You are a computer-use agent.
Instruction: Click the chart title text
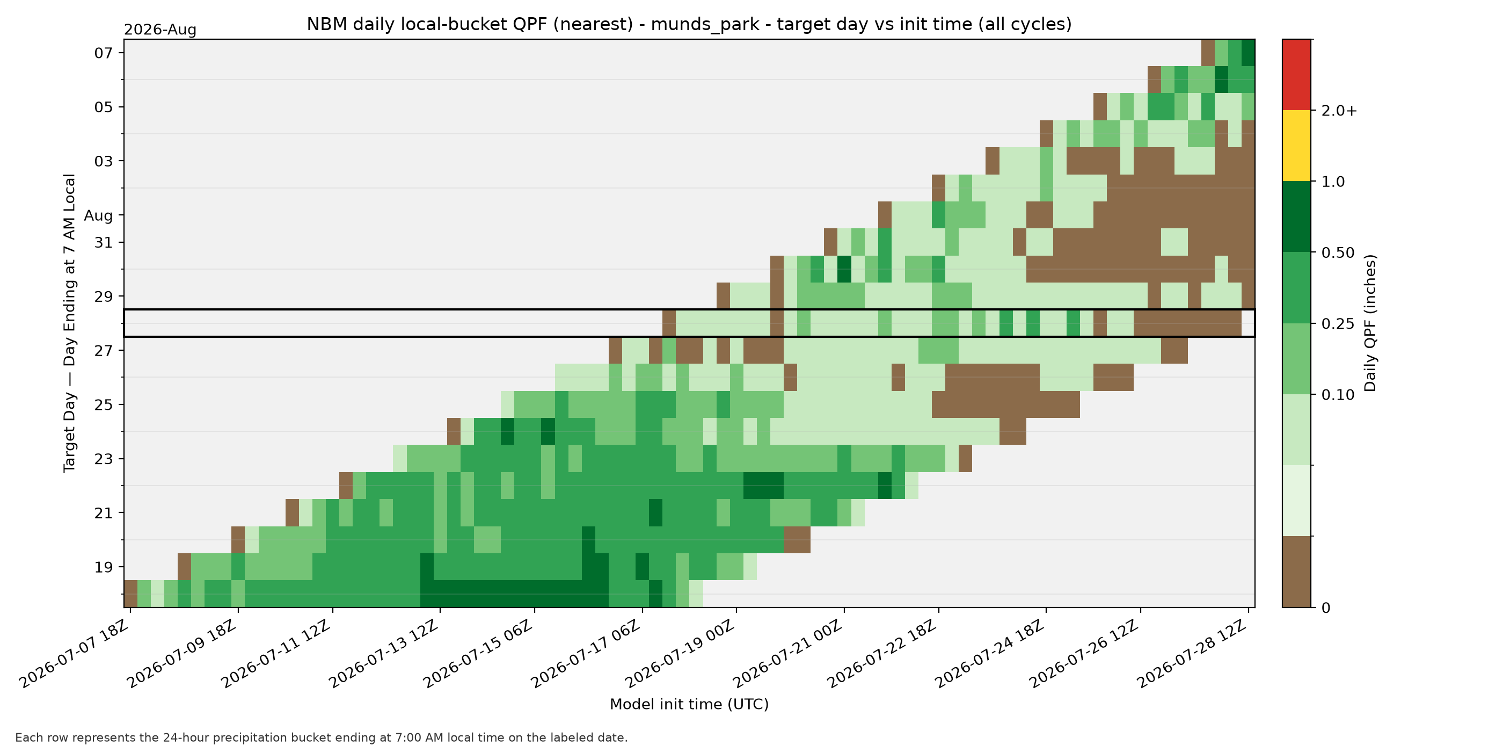[x=689, y=25]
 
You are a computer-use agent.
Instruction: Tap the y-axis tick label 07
[x=103, y=53]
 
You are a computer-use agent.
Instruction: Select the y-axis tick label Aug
[x=98, y=215]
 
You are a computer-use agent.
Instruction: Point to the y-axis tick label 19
[x=103, y=567]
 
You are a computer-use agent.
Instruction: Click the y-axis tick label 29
[x=103, y=297]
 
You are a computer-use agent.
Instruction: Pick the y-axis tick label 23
[x=103, y=459]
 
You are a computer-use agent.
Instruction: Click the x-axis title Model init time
[x=689, y=704]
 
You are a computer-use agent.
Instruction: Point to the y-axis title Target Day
[x=69, y=323]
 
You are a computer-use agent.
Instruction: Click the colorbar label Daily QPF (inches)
[x=1370, y=323]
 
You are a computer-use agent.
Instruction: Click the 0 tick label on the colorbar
[x=1326, y=608]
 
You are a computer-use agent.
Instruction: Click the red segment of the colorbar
[x=1296, y=75]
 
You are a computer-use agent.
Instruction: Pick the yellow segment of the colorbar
[x=1296, y=146]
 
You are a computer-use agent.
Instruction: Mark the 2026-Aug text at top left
[x=160, y=30]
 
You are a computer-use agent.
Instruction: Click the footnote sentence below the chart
[x=322, y=737]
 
